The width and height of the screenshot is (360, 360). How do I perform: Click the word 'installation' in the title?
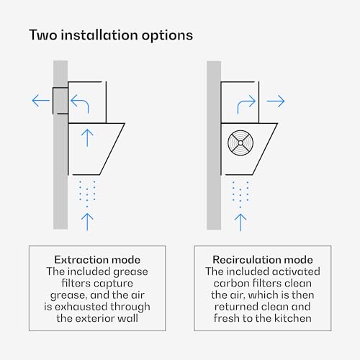[99, 35]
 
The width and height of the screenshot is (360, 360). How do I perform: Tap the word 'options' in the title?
[167, 36]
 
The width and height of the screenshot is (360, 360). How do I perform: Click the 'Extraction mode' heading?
[97, 260]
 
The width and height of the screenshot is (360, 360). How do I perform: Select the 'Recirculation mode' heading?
[263, 260]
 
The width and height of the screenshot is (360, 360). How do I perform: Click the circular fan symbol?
[240, 143]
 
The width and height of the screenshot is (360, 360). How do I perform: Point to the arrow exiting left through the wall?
[41, 100]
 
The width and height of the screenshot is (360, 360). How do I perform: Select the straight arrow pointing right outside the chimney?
[276, 101]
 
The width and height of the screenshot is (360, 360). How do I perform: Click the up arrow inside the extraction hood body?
[87, 138]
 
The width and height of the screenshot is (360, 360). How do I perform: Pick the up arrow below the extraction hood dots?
[87, 222]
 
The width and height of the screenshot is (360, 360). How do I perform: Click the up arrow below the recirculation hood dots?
[240, 222]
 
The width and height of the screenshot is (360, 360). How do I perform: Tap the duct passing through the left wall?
[60, 101]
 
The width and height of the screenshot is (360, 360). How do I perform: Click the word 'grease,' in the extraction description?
[68, 296]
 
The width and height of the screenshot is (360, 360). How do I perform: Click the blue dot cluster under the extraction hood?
[87, 194]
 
